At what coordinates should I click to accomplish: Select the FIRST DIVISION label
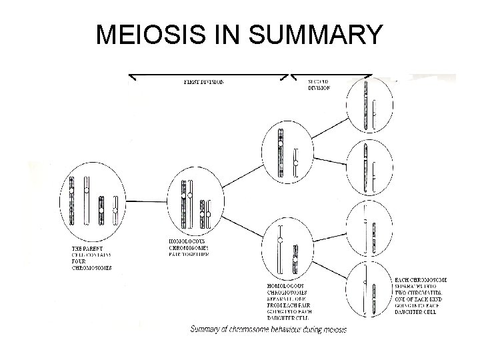[x=203, y=82]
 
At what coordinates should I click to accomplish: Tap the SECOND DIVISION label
[x=319, y=85]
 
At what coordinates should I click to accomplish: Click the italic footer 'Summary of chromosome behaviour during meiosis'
[x=268, y=329]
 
